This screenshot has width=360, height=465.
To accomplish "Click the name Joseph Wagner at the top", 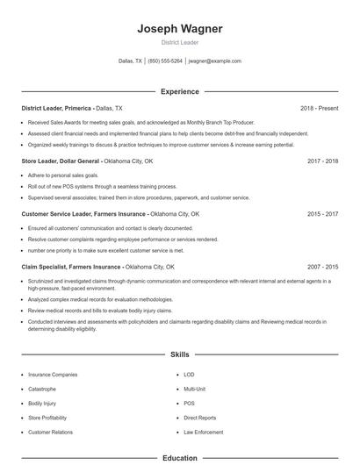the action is pyautogui.click(x=179, y=28).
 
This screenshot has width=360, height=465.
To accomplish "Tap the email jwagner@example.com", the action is pyautogui.click(x=214, y=61).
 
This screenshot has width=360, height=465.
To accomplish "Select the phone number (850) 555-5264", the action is pyautogui.click(x=165, y=61).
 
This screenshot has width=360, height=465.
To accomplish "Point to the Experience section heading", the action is pyautogui.click(x=179, y=91).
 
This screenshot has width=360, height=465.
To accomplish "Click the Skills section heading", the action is pyautogui.click(x=179, y=355).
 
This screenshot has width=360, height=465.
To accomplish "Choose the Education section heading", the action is pyautogui.click(x=179, y=458).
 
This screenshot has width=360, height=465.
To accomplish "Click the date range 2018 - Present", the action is pyautogui.click(x=319, y=108).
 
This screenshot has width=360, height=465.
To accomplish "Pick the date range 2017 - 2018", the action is pyautogui.click(x=322, y=161).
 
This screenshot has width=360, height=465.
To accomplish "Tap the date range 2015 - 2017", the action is pyautogui.click(x=322, y=213).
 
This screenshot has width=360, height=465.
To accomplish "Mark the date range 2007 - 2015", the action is pyautogui.click(x=322, y=266).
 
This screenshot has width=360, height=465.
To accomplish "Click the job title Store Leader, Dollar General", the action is pyautogui.click(x=61, y=161).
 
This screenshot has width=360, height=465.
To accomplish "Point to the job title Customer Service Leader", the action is pyautogui.click(x=84, y=213).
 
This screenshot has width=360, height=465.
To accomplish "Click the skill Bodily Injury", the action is pyautogui.click(x=41, y=403).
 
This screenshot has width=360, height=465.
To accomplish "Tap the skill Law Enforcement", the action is pyautogui.click(x=202, y=433).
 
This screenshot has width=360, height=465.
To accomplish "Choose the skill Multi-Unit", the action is pyautogui.click(x=194, y=388).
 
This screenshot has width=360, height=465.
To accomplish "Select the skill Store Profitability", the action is pyautogui.click(x=47, y=418).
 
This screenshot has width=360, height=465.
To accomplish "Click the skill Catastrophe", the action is pyautogui.click(x=41, y=388).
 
